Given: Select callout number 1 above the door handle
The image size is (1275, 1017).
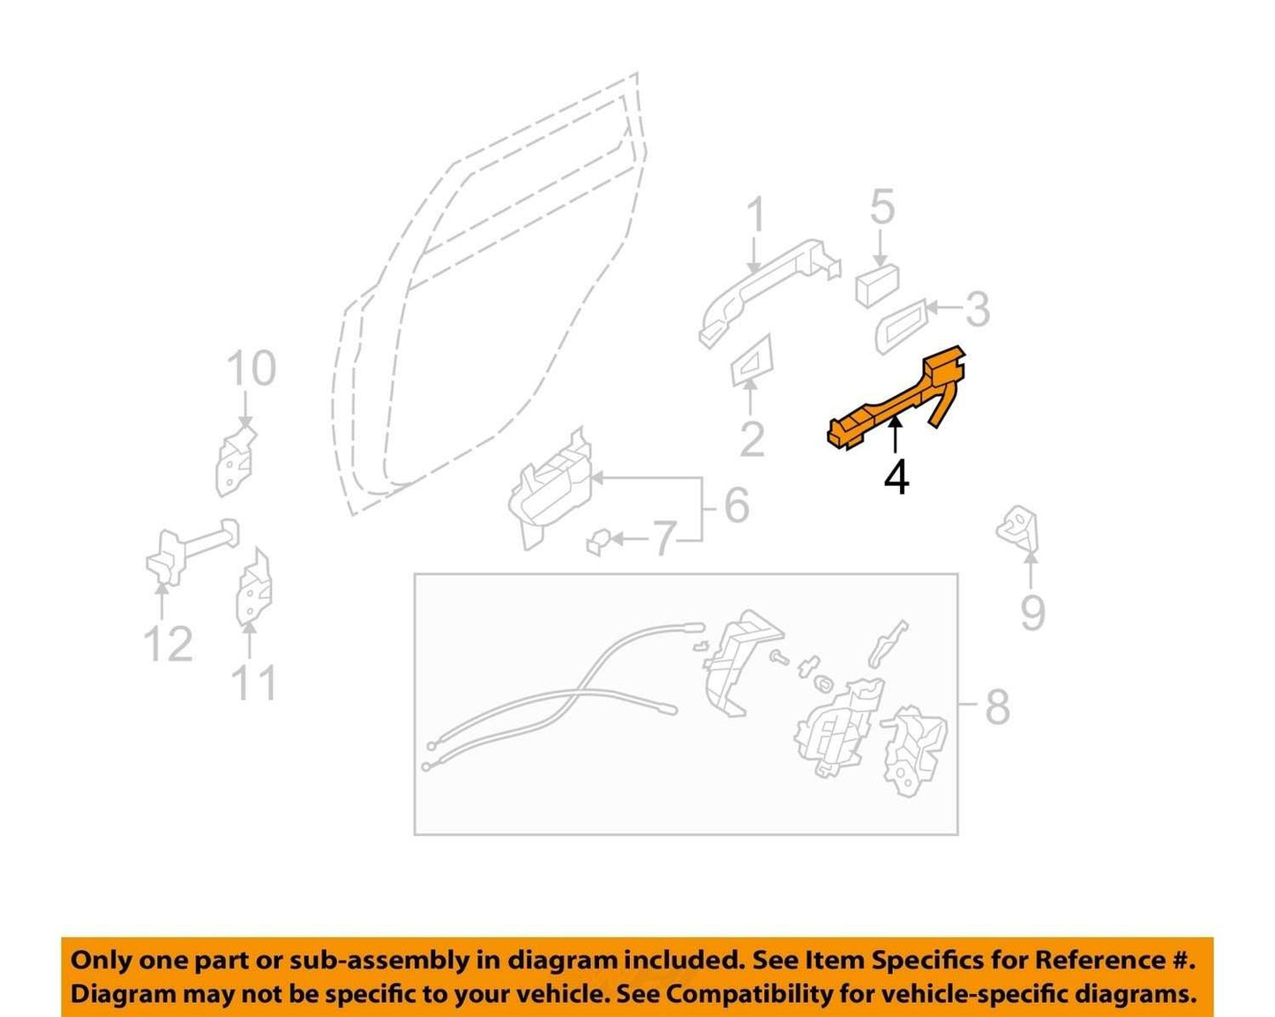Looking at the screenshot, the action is (756, 214).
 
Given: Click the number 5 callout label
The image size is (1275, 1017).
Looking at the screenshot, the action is (882, 206).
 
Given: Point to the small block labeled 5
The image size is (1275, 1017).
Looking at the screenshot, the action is (877, 286).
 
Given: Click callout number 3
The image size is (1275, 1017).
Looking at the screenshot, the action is (978, 310).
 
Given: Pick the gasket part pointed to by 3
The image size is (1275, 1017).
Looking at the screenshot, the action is (901, 326).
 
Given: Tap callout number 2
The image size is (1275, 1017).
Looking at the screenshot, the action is (753, 439).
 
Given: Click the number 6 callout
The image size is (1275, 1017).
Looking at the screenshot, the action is (737, 505).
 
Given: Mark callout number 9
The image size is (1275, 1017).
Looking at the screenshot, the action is (1032, 612).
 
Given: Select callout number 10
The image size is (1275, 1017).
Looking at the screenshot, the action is (251, 368).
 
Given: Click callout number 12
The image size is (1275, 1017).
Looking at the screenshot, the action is (169, 644).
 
